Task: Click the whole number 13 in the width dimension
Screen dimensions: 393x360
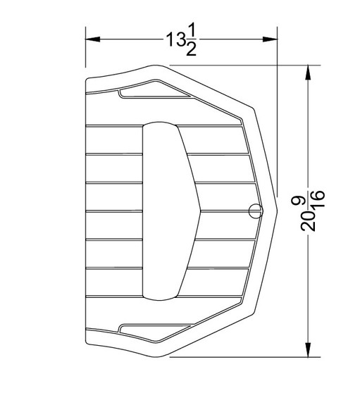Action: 175,40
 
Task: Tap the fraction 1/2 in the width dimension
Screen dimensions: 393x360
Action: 192,40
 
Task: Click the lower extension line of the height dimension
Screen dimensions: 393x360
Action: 240,357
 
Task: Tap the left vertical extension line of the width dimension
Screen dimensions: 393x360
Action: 85,53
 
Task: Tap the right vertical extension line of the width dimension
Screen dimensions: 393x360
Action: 275,106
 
